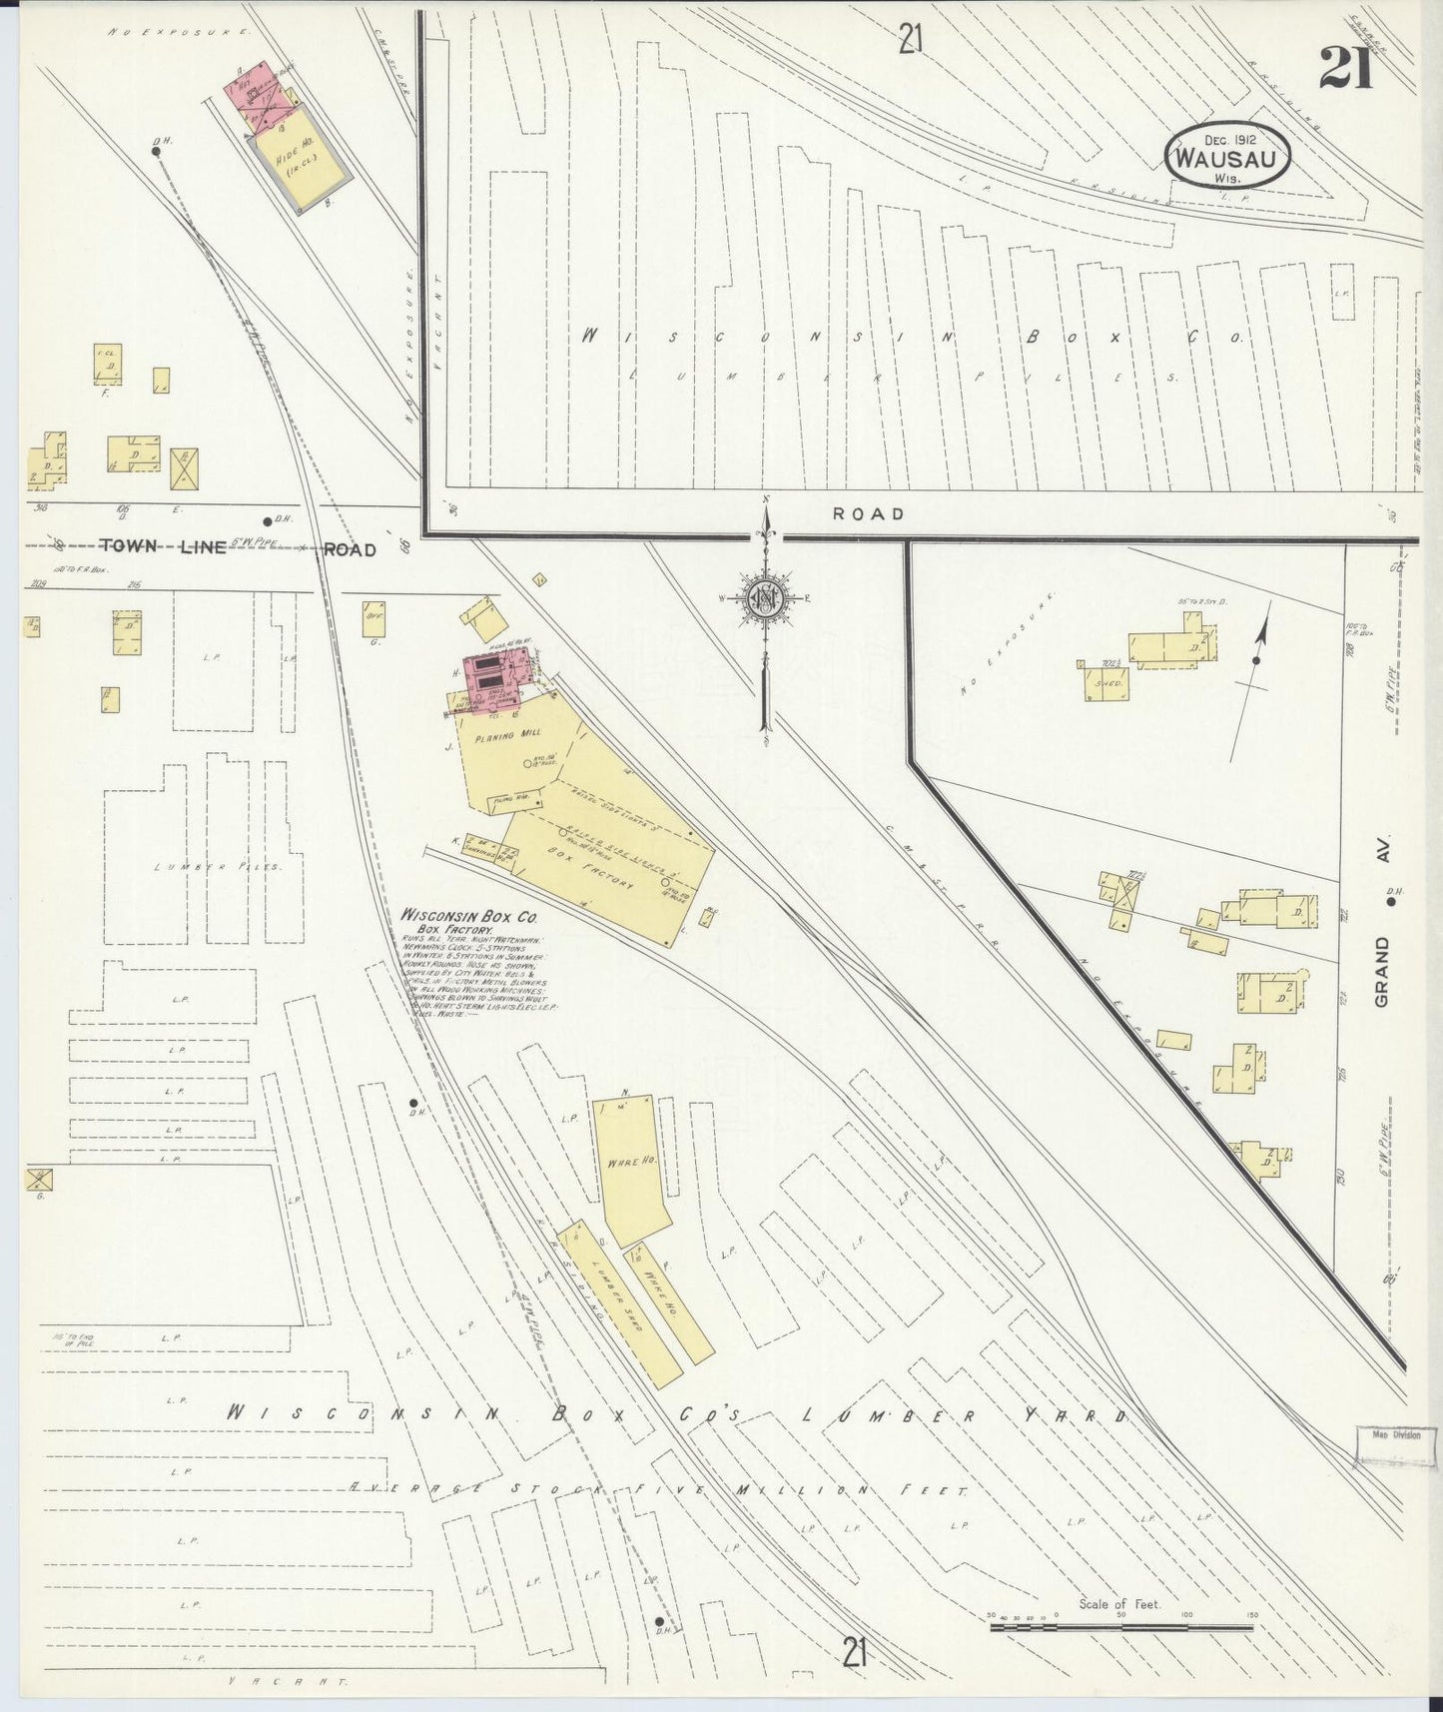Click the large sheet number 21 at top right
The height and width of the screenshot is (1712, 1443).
click(x=1345, y=68)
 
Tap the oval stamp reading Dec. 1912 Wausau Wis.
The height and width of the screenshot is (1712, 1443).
click(x=1227, y=158)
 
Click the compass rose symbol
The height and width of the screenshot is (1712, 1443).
click(x=766, y=599)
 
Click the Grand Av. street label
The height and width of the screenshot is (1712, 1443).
click(x=1384, y=919)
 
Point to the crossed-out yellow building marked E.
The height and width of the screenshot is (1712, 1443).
click(x=185, y=467)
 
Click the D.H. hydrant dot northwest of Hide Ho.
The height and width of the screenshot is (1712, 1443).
click(x=157, y=152)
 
